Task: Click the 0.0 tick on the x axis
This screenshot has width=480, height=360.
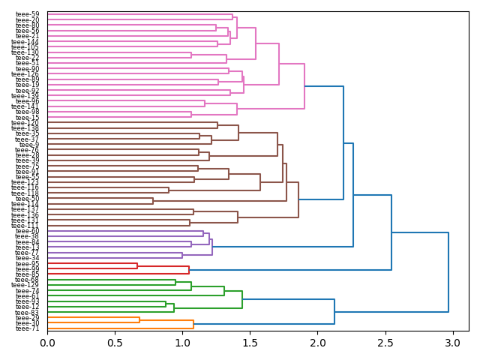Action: pyautogui.click(x=47, y=343)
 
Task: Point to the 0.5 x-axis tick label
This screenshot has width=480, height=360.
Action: pyautogui.click(x=115, y=343)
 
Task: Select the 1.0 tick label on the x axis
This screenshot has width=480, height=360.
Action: pyautogui.click(x=182, y=343)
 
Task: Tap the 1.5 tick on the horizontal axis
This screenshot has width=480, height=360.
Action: pyautogui.click(x=250, y=343)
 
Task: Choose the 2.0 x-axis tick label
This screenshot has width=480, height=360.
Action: pyautogui.click(x=317, y=343)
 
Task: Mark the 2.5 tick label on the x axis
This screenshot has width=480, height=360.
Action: pyautogui.click(x=385, y=343)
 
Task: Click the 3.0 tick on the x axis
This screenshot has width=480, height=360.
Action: pyautogui.click(x=452, y=343)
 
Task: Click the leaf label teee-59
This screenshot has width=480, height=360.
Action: pyautogui.click(x=28, y=14)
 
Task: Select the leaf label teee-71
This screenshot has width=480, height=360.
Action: pyautogui.click(x=28, y=328)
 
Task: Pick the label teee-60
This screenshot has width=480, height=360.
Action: pyautogui.click(x=28, y=231)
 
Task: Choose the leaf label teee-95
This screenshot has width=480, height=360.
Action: pyautogui.click(x=28, y=264)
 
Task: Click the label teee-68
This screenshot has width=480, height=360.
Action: pyautogui.click(x=28, y=280)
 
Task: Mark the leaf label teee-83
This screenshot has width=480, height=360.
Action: pyautogui.click(x=28, y=313)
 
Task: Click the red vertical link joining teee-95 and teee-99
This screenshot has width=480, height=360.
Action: pyautogui.click(x=137, y=266)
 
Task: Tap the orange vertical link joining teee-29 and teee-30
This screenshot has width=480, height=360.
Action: pyautogui.click(x=139, y=320)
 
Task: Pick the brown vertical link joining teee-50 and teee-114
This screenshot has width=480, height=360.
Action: pyautogui.click(x=153, y=201)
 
